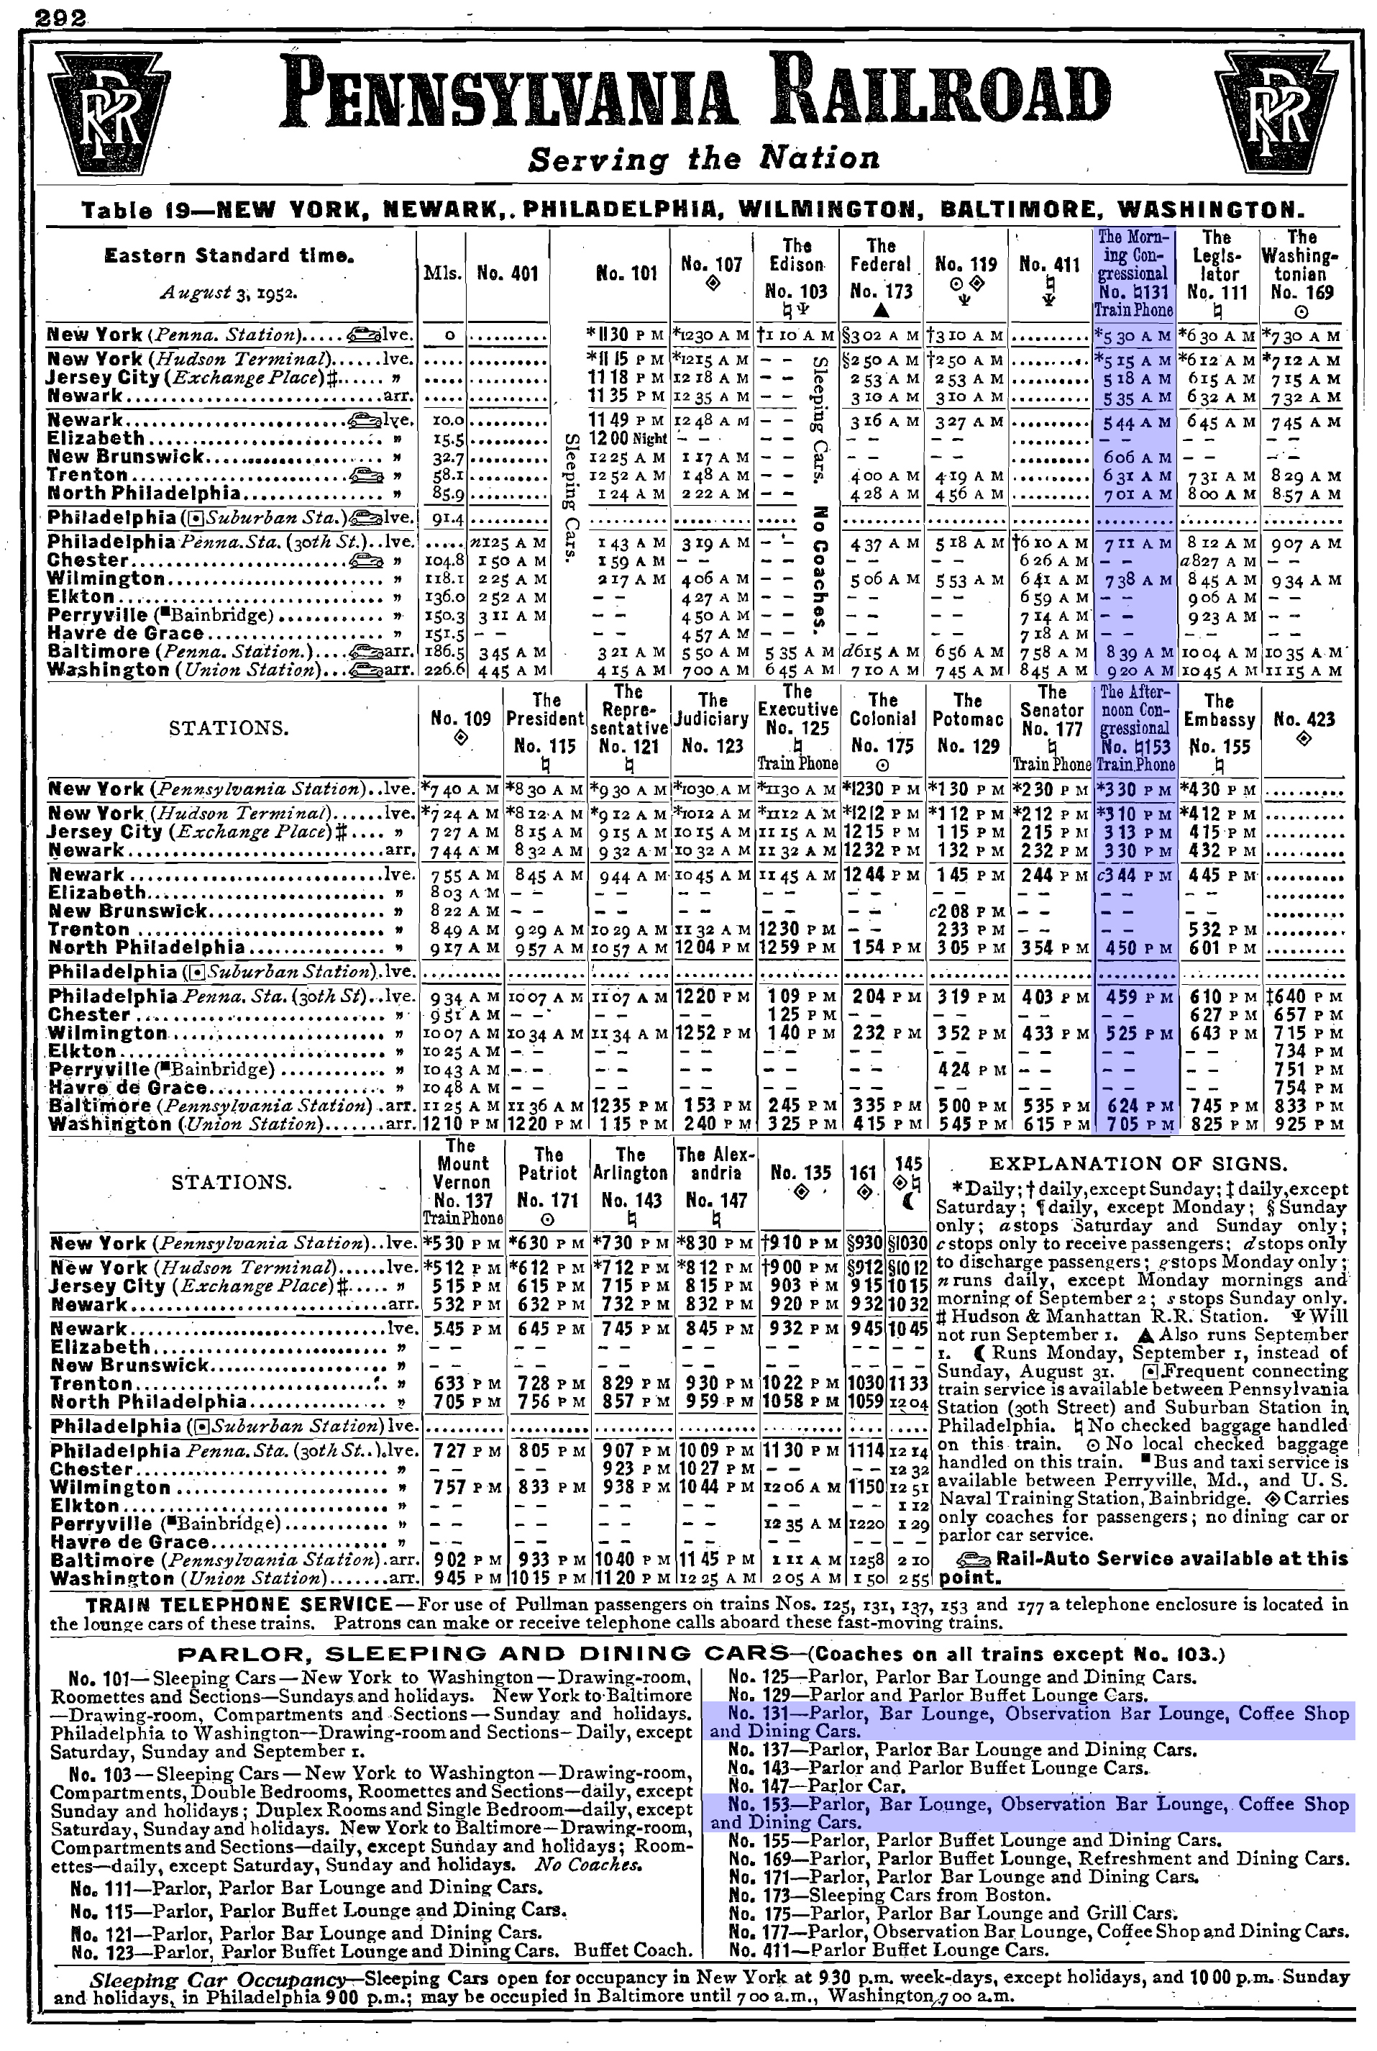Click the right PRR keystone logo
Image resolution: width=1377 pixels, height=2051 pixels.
pos(1274,111)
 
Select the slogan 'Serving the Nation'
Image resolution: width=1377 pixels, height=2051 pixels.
pos(703,159)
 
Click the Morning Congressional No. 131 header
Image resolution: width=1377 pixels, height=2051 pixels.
pos(1134,273)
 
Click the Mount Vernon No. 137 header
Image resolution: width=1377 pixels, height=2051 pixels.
pos(462,1181)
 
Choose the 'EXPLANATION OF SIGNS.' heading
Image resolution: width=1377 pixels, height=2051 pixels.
pos(1138,1164)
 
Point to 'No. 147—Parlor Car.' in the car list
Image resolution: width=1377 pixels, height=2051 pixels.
pos(817,1786)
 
